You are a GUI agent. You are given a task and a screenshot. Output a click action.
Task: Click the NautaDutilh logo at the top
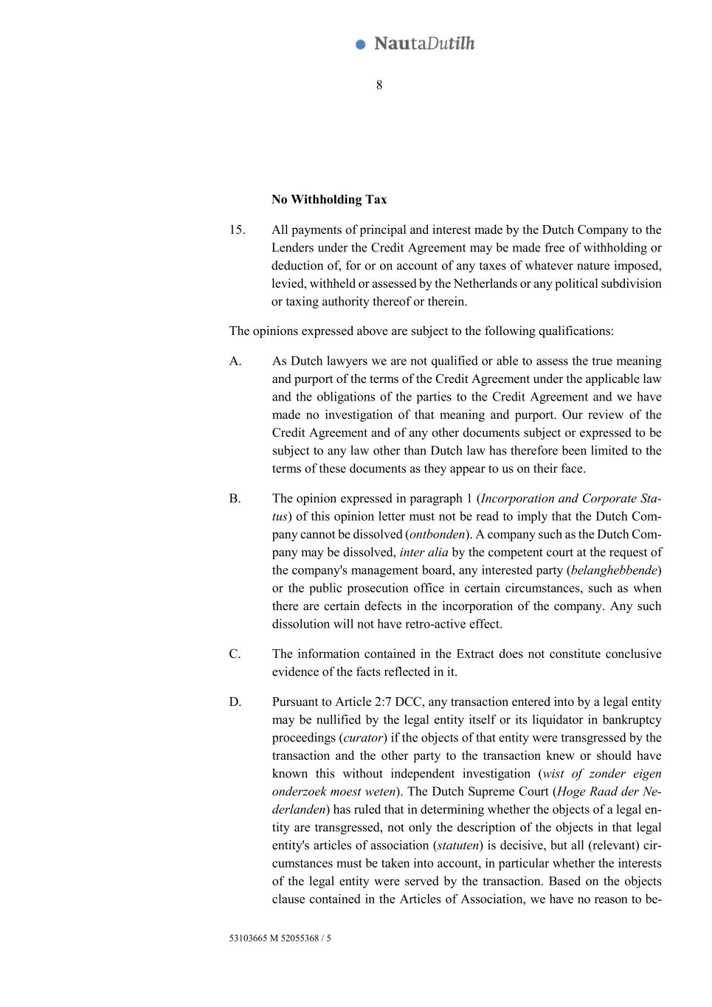click(415, 44)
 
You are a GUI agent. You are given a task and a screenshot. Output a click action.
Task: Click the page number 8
click(379, 85)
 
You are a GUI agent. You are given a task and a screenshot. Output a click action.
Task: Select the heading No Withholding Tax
click(329, 199)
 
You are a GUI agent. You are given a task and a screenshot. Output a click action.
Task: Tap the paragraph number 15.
click(237, 229)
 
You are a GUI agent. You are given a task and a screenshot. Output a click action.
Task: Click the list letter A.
click(235, 361)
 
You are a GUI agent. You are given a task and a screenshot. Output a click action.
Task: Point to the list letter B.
click(235, 498)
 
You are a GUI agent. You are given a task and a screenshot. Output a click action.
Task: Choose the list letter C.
click(235, 654)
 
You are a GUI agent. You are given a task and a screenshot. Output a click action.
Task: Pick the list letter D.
click(235, 702)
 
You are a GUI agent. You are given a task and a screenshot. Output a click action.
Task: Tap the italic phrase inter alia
click(424, 552)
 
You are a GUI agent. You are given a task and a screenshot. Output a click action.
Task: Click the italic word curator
click(363, 738)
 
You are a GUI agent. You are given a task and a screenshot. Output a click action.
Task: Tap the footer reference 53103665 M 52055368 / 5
click(280, 938)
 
